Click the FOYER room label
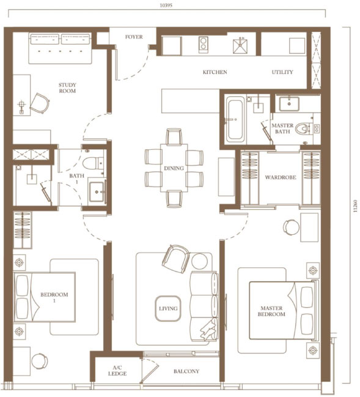tap(134, 37)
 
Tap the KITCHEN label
tap(215, 72)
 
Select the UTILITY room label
tap(282, 72)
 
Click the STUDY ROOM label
tap(67, 88)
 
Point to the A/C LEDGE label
tap(117, 371)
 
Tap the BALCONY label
tap(186, 371)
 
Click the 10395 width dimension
tap(166, 6)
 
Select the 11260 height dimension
tap(356, 206)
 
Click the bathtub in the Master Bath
tap(235, 121)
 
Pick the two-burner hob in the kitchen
tap(204, 45)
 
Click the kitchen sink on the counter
tap(240, 46)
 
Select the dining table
tap(174, 168)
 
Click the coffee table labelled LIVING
tap(168, 308)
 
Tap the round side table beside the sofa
tap(199, 261)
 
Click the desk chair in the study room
tap(40, 103)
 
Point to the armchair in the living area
tap(176, 259)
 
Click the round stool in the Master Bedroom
tap(291, 228)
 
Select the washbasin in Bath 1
tap(97, 191)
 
